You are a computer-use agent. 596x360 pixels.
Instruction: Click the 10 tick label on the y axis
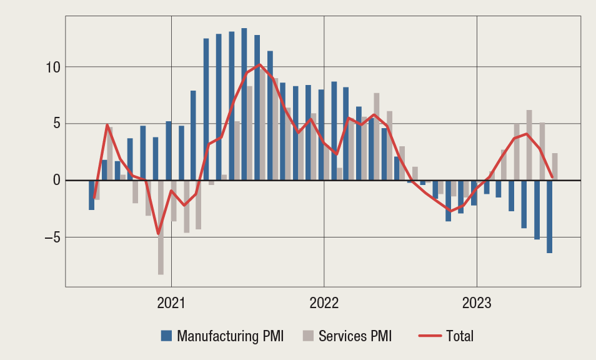[x=52, y=67]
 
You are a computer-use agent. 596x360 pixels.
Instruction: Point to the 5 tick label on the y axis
[x=56, y=124]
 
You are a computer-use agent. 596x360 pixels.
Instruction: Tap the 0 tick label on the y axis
[x=56, y=181]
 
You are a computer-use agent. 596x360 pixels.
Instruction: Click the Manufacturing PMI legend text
[x=230, y=336]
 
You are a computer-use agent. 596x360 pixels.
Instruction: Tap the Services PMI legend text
[x=355, y=336]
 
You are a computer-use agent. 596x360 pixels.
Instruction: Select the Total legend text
[x=460, y=336]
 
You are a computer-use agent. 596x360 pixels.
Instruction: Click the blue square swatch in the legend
[x=166, y=336]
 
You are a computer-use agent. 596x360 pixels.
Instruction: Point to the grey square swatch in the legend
[x=307, y=336]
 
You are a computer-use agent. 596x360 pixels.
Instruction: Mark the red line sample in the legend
[x=429, y=336]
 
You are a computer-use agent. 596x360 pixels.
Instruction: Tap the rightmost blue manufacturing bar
[x=549, y=216]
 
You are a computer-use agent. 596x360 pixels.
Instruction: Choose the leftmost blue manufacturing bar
[x=92, y=195]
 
